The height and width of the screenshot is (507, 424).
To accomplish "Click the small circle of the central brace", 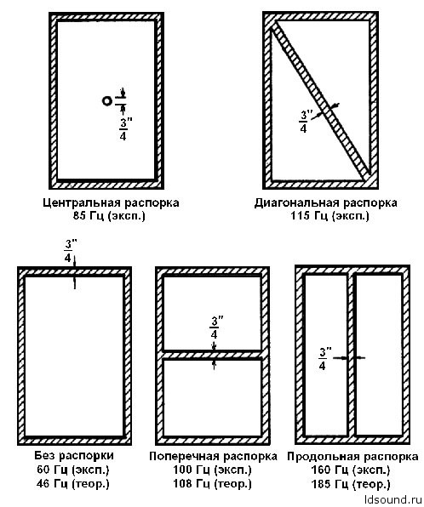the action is (106, 101).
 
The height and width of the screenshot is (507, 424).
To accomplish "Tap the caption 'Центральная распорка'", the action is (111, 203).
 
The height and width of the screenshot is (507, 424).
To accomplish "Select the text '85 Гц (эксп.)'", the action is (109, 216).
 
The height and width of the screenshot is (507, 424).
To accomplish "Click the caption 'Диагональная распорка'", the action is (326, 203).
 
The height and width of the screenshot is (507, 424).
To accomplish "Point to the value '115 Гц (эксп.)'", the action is (329, 216).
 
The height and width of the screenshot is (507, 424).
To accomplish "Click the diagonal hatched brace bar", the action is (321, 101).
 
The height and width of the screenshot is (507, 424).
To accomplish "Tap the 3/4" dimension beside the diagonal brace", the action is (304, 122).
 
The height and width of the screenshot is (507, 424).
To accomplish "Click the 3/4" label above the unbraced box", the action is (69, 251).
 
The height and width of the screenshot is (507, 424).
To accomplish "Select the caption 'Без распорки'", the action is (74, 456).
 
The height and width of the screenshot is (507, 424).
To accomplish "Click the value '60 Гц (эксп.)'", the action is (73, 470).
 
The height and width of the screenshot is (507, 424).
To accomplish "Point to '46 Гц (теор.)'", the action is (73, 484).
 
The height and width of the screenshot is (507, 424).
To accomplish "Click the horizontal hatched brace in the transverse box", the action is (213, 355).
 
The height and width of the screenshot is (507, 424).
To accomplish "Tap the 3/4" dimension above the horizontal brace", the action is (215, 328).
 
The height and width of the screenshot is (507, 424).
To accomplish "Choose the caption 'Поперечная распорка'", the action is (214, 456).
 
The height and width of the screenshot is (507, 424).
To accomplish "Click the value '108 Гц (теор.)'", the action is (212, 484).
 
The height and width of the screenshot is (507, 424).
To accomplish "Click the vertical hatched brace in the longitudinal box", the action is (351, 355).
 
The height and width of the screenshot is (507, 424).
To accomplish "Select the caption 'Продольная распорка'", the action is (352, 457).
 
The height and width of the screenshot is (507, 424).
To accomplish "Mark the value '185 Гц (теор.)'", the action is (351, 484).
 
